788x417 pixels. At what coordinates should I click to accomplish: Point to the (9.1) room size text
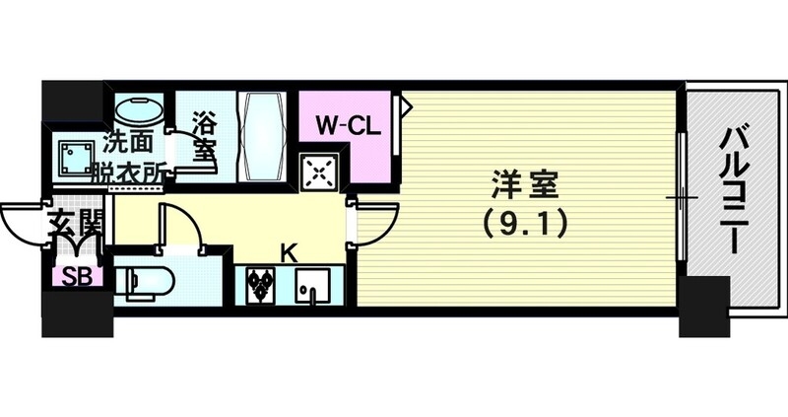coord(524,226)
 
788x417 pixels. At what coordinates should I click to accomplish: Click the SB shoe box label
coord(75,277)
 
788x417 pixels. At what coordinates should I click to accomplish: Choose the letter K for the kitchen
coord(289,252)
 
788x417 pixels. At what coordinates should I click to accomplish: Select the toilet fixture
coord(143,280)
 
